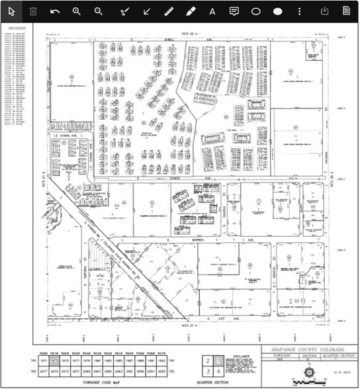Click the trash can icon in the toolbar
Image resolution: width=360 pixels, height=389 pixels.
[33, 11]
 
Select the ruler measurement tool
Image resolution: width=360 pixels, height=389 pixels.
[168, 11]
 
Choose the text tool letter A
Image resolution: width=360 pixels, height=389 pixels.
[212, 11]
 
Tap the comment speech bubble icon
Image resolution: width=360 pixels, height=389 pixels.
[234, 11]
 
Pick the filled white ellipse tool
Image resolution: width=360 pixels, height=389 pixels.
[278, 11]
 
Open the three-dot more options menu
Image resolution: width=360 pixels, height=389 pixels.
[300, 11]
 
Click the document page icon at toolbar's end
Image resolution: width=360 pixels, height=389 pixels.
[346, 11]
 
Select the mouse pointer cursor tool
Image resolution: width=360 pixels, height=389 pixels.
[11, 11]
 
